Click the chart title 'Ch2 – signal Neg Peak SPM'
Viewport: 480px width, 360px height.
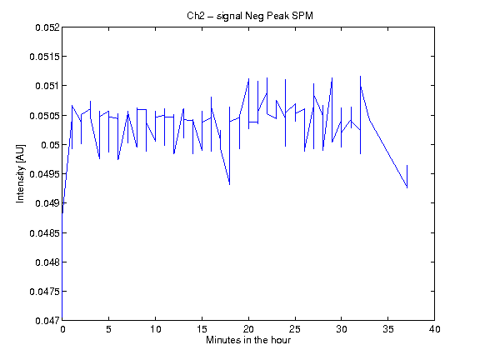click(250, 16)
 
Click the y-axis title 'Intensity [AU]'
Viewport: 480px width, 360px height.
click(20, 173)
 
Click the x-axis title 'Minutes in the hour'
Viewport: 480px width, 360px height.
click(248, 340)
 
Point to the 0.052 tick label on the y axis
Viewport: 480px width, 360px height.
click(47, 27)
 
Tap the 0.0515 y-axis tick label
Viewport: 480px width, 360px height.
click(45, 57)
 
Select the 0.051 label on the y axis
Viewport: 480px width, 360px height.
click(47, 86)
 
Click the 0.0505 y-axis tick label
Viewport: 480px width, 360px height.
click(45, 116)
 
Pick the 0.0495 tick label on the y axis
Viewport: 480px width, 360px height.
click(45, 174)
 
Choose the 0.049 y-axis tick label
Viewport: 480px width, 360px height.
click(47, 203)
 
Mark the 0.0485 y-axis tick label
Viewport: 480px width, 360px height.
click(45, 233)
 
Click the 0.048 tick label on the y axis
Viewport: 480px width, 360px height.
click(47, 262)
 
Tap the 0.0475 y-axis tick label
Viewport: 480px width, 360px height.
click(45, 292)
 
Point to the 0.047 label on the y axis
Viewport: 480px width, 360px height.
click(47, 321)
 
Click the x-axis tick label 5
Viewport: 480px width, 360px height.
click(108, 329)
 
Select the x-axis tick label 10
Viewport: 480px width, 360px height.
click(155, 329)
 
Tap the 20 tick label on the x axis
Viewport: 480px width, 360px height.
click(248, 329)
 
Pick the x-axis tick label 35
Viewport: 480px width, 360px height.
click(387, 329)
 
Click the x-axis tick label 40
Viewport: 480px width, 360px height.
click(434, 329)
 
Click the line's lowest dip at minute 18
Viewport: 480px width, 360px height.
click(230, 185)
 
